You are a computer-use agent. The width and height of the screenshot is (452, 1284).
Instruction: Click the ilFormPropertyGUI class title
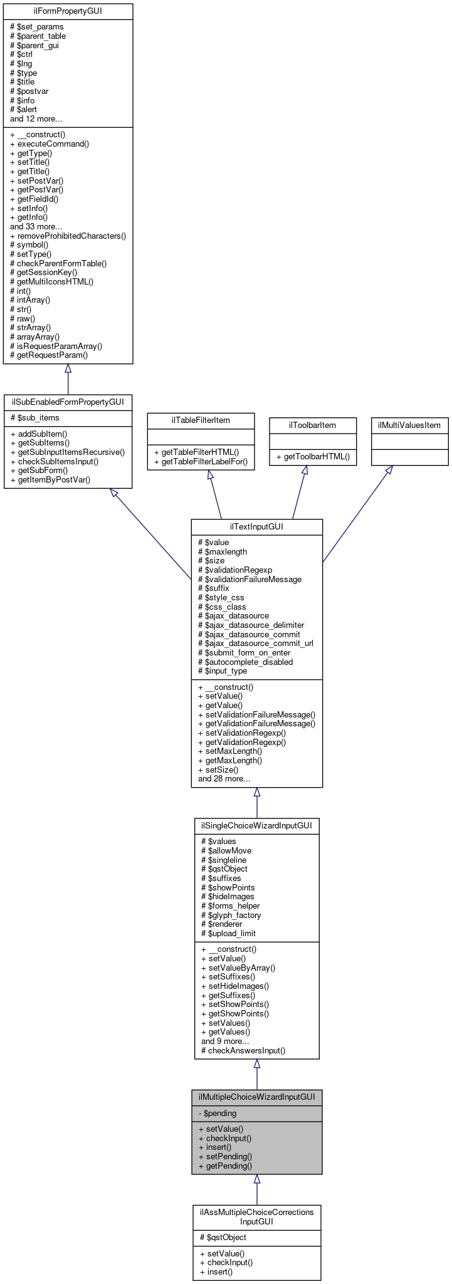pos(68,11)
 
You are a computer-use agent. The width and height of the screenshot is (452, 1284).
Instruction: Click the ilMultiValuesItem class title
pos(409,425)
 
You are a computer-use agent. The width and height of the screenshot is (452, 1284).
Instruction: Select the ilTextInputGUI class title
pos(256,526)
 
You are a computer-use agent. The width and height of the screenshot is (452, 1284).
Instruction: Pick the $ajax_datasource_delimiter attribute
pos(251,625)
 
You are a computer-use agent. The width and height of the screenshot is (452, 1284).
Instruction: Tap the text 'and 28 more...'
pos(224,779)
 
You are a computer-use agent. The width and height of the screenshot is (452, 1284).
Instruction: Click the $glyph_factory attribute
pos(231,915)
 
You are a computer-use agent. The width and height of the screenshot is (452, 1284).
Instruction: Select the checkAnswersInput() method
pos(243,1050)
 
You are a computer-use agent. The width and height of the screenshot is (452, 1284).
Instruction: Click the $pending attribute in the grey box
pos(217,1114)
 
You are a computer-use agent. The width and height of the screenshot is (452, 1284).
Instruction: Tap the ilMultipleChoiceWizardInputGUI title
pos(256,1097)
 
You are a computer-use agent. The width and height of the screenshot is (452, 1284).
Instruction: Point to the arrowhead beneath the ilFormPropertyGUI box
pos(68,369)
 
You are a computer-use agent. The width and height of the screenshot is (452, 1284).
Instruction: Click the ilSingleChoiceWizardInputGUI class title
pos(256,825)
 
